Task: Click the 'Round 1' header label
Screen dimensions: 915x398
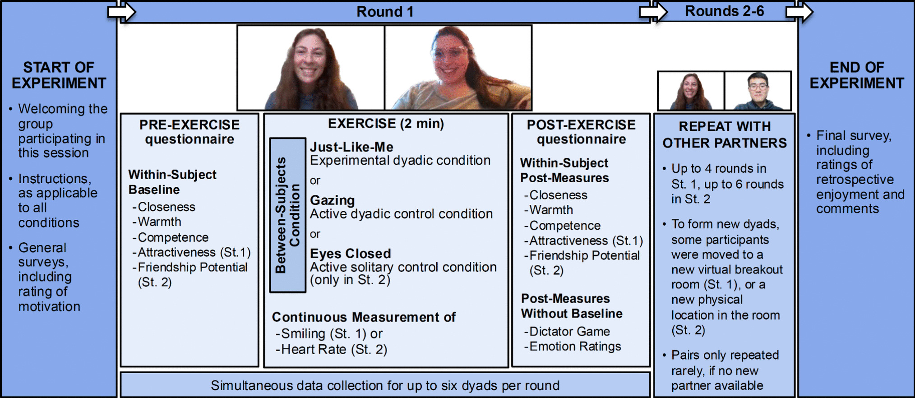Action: click(385, 11)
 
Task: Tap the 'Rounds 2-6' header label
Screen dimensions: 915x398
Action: click(724, 11)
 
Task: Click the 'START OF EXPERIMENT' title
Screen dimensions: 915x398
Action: click(59, 75)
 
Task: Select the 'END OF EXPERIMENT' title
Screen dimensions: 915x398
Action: click(856, 75)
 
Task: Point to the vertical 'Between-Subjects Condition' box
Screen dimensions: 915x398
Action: click(288, 215)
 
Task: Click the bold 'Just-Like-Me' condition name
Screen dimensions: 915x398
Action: click(351, 147)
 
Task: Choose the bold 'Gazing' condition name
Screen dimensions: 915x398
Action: click(332, 200)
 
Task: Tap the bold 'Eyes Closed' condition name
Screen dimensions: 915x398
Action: click(350, 253)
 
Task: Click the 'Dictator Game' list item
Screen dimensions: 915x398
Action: click(569, 331)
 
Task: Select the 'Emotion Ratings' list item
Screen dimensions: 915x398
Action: click(575, 346)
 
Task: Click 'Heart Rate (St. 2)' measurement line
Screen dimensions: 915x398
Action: click(334, 349)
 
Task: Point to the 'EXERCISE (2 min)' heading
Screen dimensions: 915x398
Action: click(386, 123)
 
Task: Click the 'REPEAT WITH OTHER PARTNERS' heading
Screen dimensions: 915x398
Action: click(724, 134)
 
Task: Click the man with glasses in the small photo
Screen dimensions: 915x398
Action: click(758, 90)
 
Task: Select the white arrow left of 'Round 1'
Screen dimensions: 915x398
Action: click(122, 11)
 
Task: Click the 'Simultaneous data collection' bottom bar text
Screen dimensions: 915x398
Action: click(385, 385)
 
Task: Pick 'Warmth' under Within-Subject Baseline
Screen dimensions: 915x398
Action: click(159, 222)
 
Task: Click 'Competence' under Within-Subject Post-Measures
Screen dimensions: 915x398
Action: click(565, 225)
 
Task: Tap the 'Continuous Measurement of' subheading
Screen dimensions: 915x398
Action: click(364, 317)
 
